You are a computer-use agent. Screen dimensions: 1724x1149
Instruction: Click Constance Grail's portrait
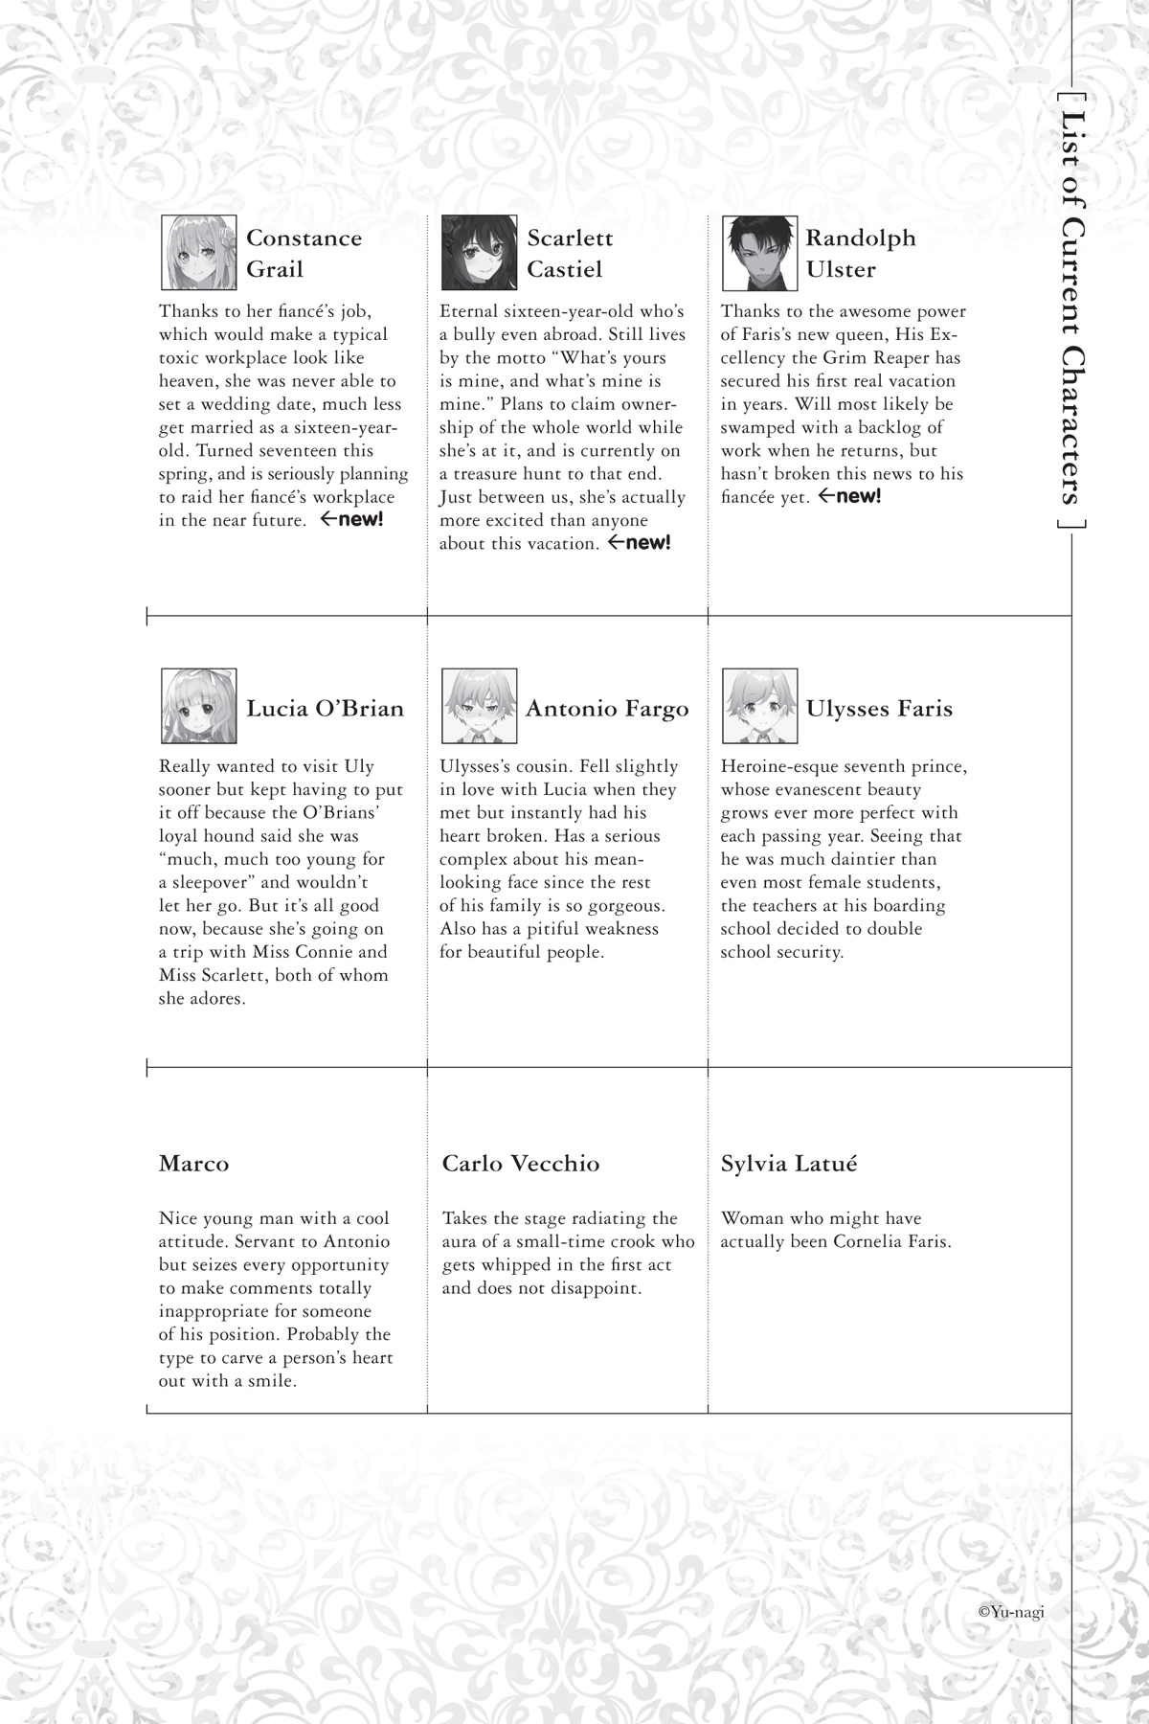coord(199,253)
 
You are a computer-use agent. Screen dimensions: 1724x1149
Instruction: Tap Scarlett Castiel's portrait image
coord(480,253)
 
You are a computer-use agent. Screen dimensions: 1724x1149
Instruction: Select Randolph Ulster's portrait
coord(759,253)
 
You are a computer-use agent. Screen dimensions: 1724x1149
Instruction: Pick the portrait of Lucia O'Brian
coord(199,707)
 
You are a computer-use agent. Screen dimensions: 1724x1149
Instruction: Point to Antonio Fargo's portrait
coord(480,707)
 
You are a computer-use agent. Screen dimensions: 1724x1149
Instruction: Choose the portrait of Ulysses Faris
coord(759,707)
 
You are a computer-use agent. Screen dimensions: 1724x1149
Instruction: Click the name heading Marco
coord(194,1164)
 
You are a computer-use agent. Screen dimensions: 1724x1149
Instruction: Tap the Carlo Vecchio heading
coord(521,1164)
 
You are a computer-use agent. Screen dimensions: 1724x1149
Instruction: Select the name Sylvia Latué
coord(789,1164)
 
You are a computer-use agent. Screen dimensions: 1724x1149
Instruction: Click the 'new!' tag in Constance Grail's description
coord(351,520)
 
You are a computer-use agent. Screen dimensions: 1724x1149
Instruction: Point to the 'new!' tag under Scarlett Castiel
coord(640,543)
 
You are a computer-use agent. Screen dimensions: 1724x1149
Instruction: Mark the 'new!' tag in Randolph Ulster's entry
coord(849,496)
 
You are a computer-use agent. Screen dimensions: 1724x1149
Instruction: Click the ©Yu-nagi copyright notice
coord(1011,1611)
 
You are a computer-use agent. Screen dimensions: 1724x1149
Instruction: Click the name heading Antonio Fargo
coord(607,709)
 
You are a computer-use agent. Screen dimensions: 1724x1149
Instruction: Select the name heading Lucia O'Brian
coord(325,709)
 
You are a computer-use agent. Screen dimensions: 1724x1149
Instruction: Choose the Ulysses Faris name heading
coord(879,709)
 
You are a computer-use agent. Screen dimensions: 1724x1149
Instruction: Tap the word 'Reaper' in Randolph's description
coord(930,357)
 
